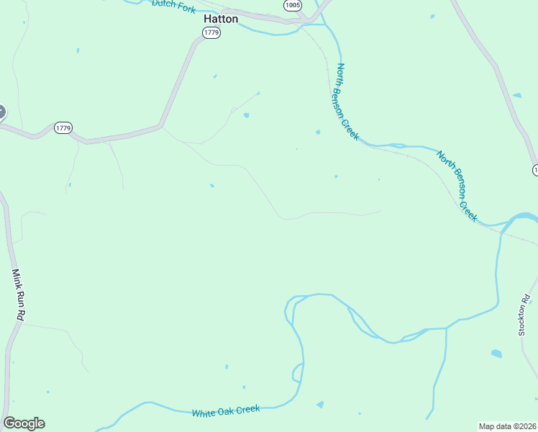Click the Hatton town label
pos(221,19)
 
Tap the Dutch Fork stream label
pos(173,5)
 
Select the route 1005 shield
pos(292,5)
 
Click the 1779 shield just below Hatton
pos(211,33)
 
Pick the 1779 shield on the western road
pos(63,128)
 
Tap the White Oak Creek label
pos(226,411)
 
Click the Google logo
pos(24,423)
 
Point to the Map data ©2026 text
pos(508,426)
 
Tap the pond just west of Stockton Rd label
pos(496,354)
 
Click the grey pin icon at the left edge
pos(1,112)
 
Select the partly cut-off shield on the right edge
pos(535,170)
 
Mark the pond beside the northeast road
pos(516,95)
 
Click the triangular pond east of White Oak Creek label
pos(320,405)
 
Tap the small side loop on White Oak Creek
pos(296,373)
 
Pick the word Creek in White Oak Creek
pos(248,409)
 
